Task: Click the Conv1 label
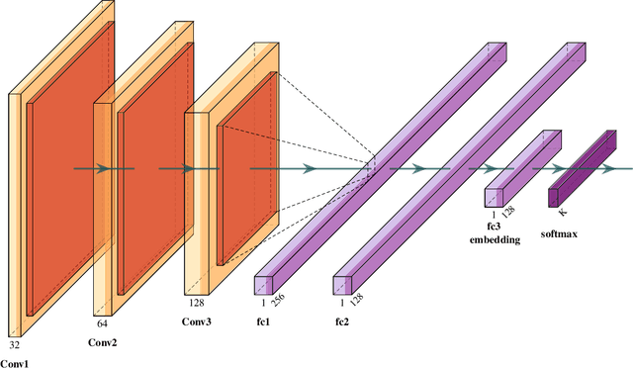click(15, 362)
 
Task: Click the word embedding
click(495, 238)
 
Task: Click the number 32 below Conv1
click(15, 346)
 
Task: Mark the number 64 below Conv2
click(102, 323)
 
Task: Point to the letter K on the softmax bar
click(562, 212)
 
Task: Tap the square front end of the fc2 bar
click(341, 285)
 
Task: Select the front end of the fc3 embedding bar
click(494, 198)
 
